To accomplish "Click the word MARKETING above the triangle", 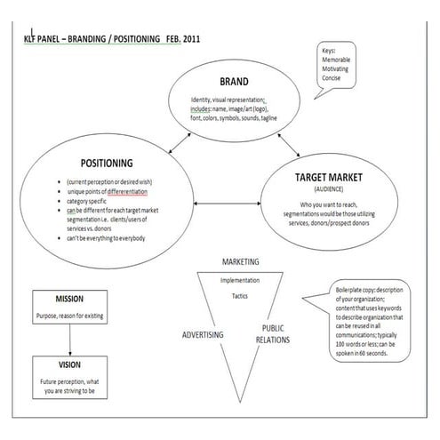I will point(241,262).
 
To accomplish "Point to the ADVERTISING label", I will point(203,334).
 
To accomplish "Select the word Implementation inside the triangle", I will point(240,280).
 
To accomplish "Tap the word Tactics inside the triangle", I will point(240,296).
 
